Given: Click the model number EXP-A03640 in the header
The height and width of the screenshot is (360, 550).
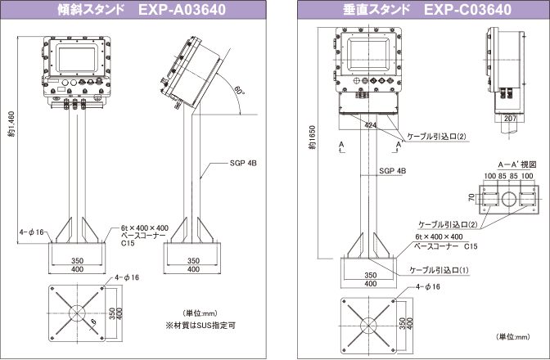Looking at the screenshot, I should [x=182, y=11].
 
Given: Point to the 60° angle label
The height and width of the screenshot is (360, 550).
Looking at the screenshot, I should [x=238, y=92].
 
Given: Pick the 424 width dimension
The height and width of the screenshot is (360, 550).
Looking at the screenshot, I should [x=372, y=125].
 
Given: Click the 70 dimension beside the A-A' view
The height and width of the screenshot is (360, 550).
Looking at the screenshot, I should [x=472, y=197].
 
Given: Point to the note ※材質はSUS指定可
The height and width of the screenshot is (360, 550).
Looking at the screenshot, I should [x=201, y=325].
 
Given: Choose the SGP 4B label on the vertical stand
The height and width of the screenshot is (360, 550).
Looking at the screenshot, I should [x=393, y=171].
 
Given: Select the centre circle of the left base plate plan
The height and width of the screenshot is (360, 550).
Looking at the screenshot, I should [x=76, y=313].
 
